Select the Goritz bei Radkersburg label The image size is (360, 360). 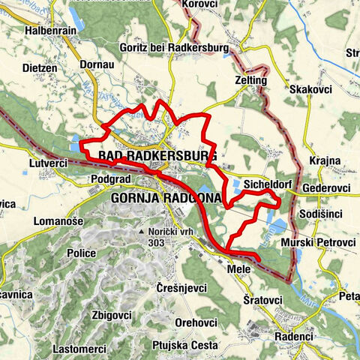[x=168, y=47]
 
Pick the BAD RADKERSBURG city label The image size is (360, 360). [x=157, y=156]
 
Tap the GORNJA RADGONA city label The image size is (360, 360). [x=166, y=198]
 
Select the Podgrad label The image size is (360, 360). [x=111, y=180]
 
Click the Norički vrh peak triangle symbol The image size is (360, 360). [x=141, y=232]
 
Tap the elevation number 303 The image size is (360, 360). [x=156, y=243]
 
